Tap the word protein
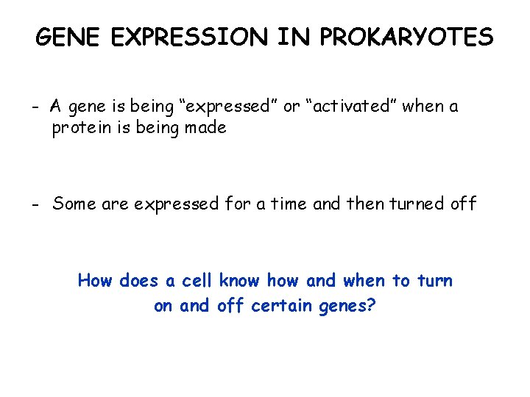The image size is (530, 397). tap(82, 129)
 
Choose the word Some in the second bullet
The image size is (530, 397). tap(74, 204)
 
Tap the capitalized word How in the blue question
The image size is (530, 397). tap(95, 280)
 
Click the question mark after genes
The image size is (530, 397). tap(371, 304)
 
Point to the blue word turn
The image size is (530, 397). tap(434, 281)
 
